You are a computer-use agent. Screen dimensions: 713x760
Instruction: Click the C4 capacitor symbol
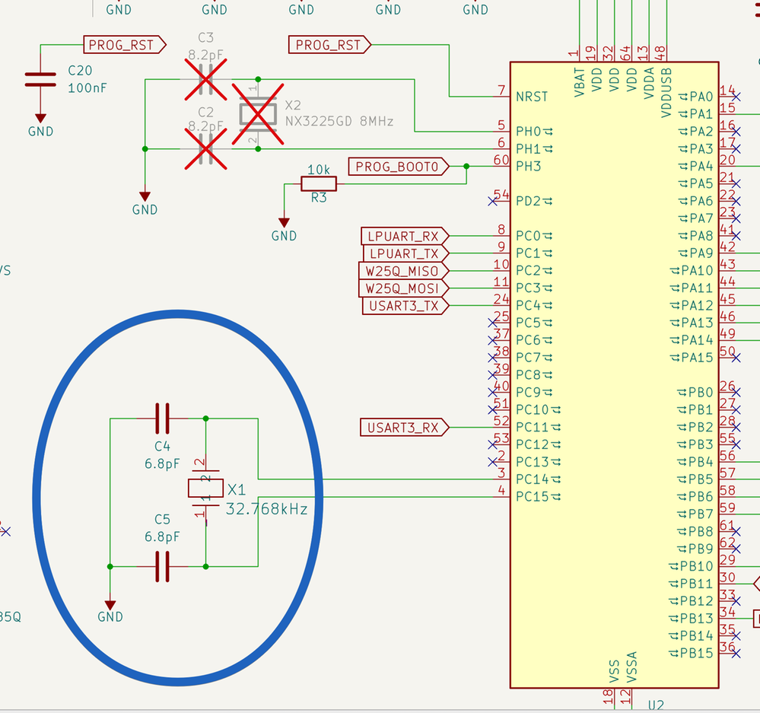pyautogui.click(x=161, y=418)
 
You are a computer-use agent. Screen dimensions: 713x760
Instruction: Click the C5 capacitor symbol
pyautogui.click(x=161, y=566)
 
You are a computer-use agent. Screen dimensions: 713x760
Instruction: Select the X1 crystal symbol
pyautogui.click(x=205, y=489)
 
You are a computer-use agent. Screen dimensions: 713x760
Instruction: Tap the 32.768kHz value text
pyautogui.click(x=267, y=509)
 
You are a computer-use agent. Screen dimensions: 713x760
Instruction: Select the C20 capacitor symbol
pyautogui.click(x=40, y=79)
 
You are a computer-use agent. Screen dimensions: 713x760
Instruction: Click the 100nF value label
pyautogui.click(x=87, y=88)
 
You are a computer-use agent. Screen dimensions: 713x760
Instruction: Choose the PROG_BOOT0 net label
pyautogui.click(x=398, y=167)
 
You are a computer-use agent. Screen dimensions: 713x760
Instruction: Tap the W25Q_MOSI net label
pyautogui.click(x=402, y=288)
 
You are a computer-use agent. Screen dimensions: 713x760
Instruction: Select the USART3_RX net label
pyautogui.click(x=402, y=428)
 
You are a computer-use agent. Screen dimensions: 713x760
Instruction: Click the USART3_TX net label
pyautogui.click(x=402, y=306)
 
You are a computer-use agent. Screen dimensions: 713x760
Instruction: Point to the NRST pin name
pyautogui.click(x=532, y=97)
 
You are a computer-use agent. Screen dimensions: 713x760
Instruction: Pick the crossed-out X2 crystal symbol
pyautogui.click(x=257, y=114)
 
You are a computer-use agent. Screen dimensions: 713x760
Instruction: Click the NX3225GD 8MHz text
pyautogui.click(x=339, y=120)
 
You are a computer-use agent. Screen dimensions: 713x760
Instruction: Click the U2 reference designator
pyautogui.click(x=657, y=705)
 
